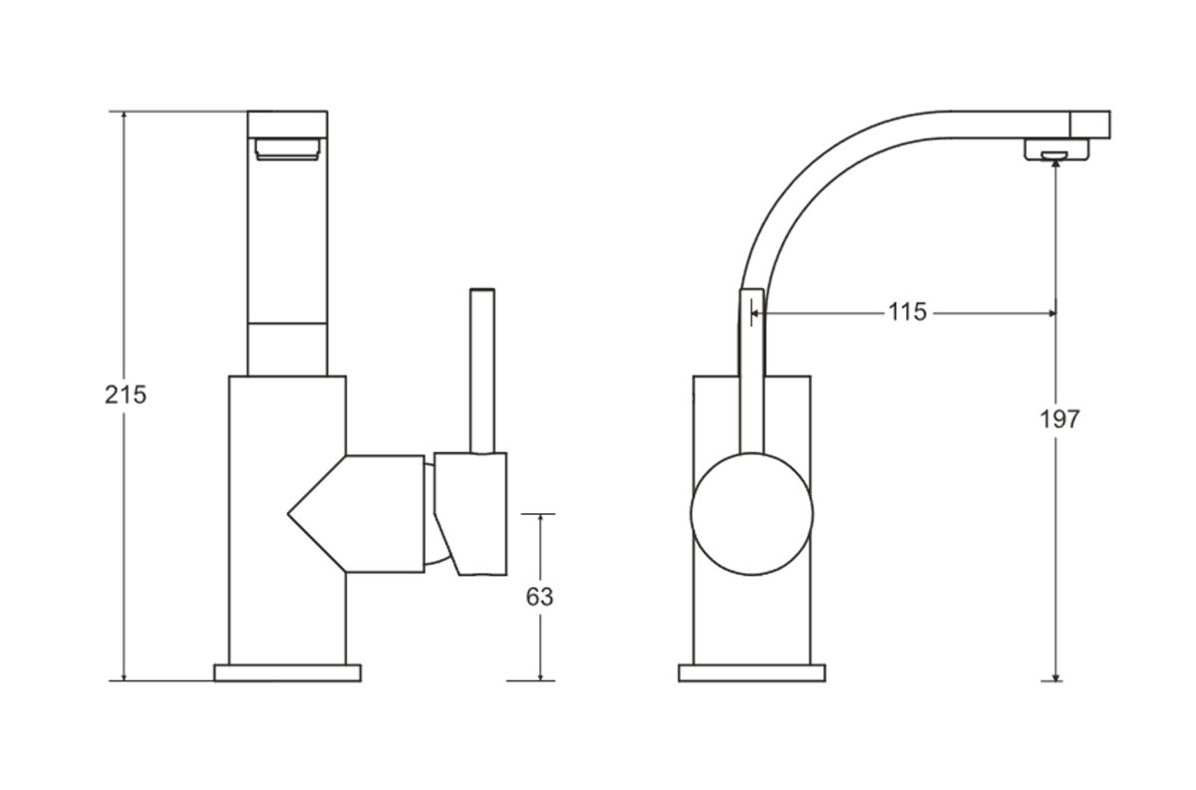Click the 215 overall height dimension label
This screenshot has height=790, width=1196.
126,395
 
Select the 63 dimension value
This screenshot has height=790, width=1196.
539,597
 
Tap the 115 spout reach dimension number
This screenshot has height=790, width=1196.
907,312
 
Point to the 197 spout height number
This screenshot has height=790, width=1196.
1059,419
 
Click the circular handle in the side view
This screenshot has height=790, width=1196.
751,514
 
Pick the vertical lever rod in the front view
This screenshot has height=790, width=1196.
482,372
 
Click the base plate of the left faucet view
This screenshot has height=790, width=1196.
287,673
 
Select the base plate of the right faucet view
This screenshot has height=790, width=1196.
751,673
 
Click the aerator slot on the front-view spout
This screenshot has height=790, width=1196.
288,148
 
